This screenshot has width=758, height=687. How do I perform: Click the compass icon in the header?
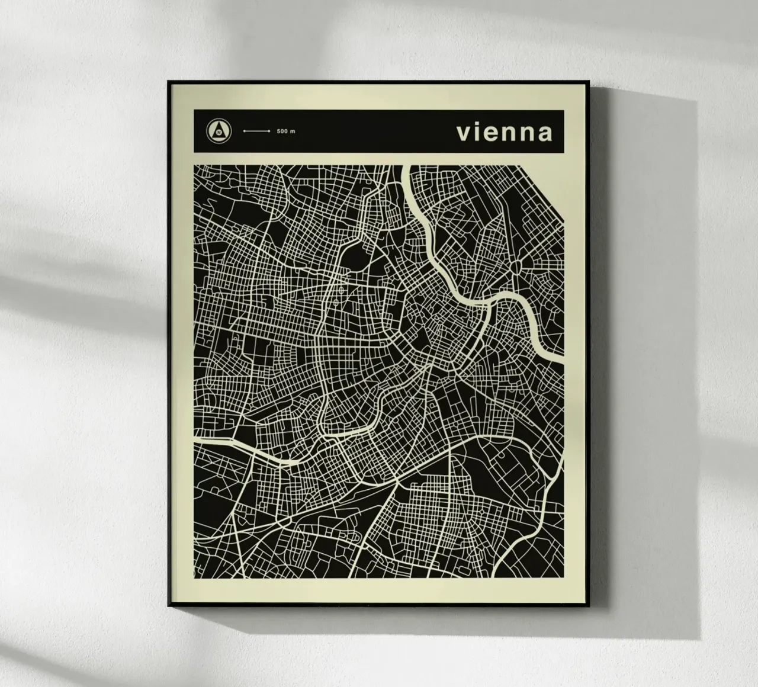click(220, 131)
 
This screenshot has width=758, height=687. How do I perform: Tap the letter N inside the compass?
click(220, 132)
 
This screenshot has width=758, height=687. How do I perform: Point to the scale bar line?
click(256, 131)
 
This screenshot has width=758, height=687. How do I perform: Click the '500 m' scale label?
click(285, 131)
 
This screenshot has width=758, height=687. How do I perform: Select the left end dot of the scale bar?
click(243, 131)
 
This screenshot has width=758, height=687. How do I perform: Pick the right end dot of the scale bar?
click(269, 131)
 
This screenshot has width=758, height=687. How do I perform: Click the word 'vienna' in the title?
click(504, 132)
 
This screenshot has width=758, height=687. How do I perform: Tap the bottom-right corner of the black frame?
click(592, 605)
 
